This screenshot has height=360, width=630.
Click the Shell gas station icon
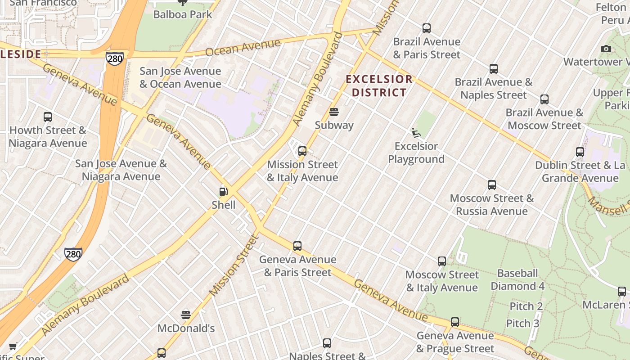coord(223,192)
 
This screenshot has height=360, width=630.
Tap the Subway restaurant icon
coord(334,112)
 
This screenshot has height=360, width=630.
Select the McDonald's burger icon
coord(186,315)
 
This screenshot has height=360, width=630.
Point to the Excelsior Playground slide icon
coord(416,133)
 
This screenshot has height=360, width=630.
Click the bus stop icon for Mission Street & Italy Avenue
coord(302,151)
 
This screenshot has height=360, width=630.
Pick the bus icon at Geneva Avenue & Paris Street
coord(297,246)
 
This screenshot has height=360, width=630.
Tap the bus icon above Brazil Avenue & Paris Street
coord(427,28)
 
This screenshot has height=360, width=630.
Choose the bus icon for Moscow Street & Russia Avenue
coord(492,185)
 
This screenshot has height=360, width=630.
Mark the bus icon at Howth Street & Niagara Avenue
coord(48,117)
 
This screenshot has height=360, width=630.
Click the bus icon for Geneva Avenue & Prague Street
coord(455,322)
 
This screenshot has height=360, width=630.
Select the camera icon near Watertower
coord(606,49)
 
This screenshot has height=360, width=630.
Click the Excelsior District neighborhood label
coord(379,86)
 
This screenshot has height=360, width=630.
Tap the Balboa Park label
coord(183,14)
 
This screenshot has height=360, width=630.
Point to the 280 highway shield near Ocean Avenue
coord(115,58)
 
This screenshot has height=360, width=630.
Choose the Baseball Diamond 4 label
coord(517,279)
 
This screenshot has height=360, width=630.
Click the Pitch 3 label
coord(522,324)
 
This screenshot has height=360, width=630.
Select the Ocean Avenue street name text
coord(243,47)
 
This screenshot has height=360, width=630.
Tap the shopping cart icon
coord(13,346)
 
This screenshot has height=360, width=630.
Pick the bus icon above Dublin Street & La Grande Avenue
coord(580,152)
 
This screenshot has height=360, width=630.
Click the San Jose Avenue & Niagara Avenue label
coord(121,170)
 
